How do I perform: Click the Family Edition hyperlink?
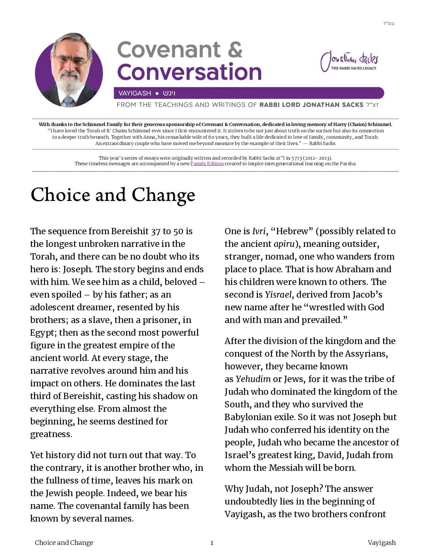pyautogui.click(x=207, y=164)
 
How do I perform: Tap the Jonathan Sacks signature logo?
pyautogui.click(x=349, y=61)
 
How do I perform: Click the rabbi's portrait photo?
pyautogui.click(x=69, y=71)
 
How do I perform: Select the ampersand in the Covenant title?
pyautogui.click(x=235, y=50)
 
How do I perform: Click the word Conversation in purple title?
pyautogui.click(x=189, y=72)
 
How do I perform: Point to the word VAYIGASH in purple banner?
pyautogui.click(x=135, y=94)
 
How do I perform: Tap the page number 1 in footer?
pyautogui.click(x=212, y=543)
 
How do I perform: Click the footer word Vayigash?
pyautogui.click(x=381, y=543)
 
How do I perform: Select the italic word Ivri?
pyautogui.click(x=259, y=231)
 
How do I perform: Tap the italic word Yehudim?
pyautogui.click(x=253, y=379)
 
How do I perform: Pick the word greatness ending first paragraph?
pyautogui.click(x=51, y=434)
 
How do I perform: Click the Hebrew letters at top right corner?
pyautogui.click(x=388, y=24)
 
